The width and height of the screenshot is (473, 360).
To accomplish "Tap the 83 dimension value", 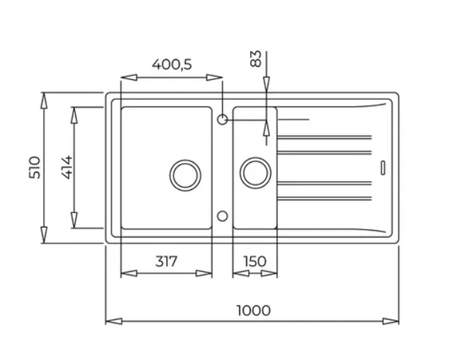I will pos(255,58).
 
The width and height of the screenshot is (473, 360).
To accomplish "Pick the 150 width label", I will pos(254,261).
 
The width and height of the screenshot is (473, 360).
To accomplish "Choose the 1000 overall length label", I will pos(254,309).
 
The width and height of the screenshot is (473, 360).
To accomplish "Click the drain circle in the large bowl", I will pos(184,172).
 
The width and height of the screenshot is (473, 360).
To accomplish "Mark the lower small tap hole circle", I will pos(224,216).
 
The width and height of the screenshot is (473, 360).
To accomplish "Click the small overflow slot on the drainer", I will pos(383,168).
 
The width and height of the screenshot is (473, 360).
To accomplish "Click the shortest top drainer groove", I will pos(293,121).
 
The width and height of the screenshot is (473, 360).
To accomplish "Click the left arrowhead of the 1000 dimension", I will pos(110,321).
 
